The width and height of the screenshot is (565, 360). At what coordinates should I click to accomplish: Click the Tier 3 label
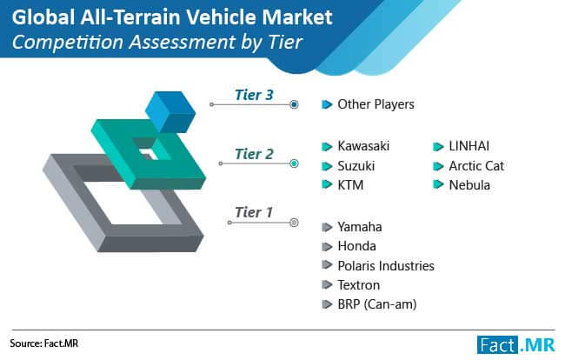click(254, 95)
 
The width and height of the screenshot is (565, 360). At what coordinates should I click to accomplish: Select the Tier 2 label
click(254, 154)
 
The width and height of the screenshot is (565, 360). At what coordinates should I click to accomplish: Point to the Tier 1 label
click(254, 212)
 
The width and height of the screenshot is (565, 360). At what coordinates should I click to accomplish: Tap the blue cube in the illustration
click(170, 111)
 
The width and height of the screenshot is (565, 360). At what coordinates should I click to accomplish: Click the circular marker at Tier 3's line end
click(294, 104)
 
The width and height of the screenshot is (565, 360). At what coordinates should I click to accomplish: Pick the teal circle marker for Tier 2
click(294, 163)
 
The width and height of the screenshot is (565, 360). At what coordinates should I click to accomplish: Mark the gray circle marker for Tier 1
click(294, 223)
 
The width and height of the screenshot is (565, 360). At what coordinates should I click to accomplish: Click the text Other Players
click(376, 104)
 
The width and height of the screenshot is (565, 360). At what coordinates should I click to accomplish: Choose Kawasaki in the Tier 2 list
click(363, 146)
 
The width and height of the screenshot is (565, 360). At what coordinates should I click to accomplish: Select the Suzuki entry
click(356, 166)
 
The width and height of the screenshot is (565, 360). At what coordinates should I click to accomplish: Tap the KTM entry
click(350, 185)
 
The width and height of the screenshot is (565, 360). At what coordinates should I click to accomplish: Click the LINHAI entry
click(469, 146)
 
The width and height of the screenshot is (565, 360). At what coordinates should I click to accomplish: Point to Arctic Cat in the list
click(476, 166)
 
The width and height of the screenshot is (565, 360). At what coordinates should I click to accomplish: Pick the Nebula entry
click(469, 185)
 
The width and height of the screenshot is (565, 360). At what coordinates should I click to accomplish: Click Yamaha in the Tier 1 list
click(360, 227)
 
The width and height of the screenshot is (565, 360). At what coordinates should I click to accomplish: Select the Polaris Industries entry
click(386, 265)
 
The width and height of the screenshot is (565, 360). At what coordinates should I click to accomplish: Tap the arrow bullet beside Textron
click(327, 284)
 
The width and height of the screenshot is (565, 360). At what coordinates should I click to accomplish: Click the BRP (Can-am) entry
click(377, 304)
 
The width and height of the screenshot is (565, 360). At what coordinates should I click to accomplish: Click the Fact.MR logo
click(516, 345)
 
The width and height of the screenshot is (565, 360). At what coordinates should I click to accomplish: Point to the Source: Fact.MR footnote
click(44, 343)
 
